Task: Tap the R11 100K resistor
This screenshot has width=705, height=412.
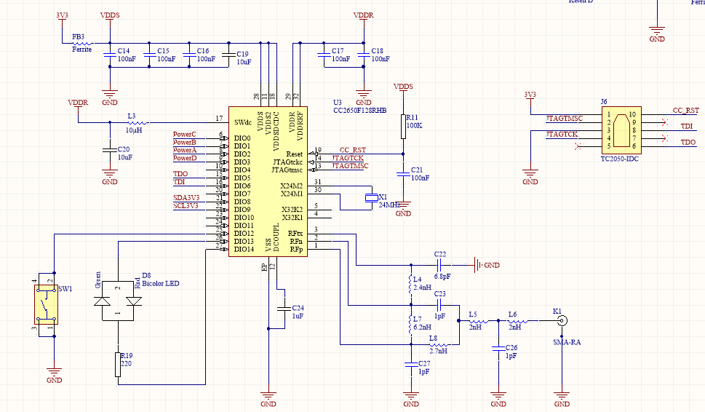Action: [402, 127]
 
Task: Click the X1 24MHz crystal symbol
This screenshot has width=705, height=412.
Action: [373, 198]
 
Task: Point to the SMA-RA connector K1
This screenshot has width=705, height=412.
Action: [562, 320]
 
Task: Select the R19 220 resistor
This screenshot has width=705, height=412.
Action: [118, 364]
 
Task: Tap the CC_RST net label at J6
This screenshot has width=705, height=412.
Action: [685, 111]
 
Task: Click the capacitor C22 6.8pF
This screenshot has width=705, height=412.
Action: [441, 265]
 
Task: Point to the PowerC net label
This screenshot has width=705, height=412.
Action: [184, 135]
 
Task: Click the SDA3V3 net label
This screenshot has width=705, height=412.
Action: [186, 197]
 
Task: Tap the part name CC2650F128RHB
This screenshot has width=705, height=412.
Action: [359, 110]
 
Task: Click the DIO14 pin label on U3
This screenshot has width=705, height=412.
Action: [244, 250]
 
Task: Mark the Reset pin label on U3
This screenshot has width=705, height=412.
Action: [295, 154]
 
